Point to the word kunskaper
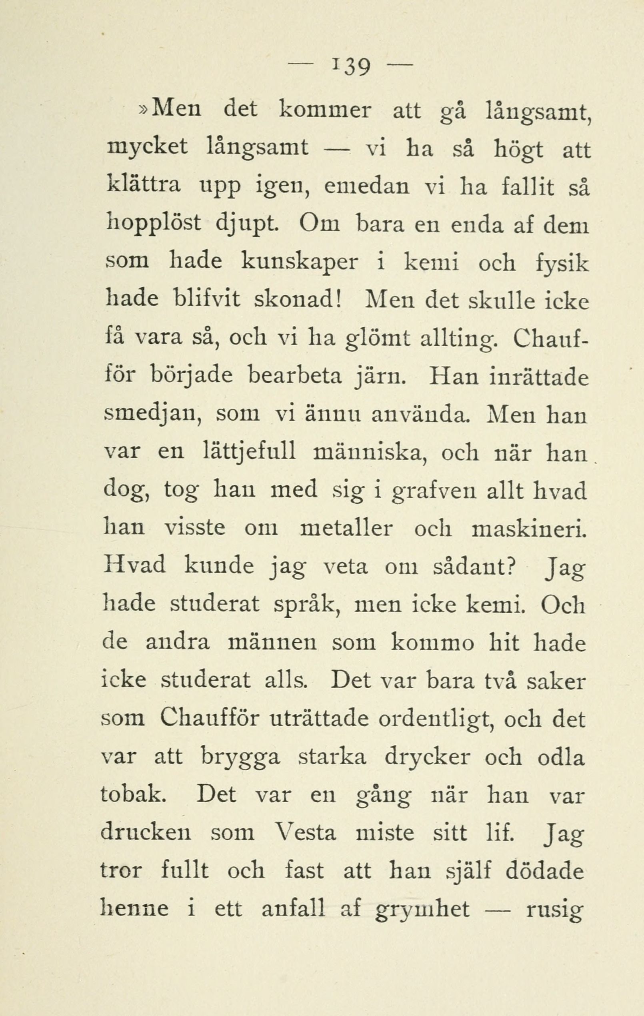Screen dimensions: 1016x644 [x=300, y=264]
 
